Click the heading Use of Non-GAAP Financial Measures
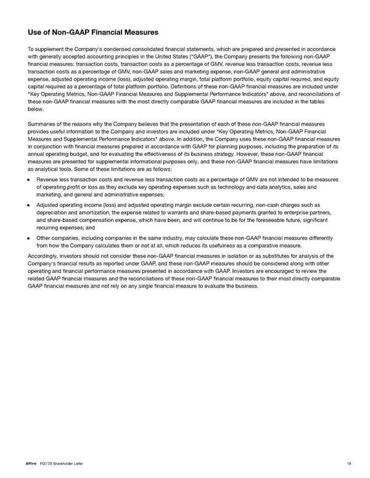click(x=93, y=32)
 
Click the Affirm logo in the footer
click(x=33, y=463)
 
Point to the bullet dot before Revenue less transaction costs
click(x=30, y=180)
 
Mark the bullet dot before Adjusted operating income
click(x=30, y=205)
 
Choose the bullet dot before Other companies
click(x=30, y=237)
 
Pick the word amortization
click(x=86, y=212)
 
